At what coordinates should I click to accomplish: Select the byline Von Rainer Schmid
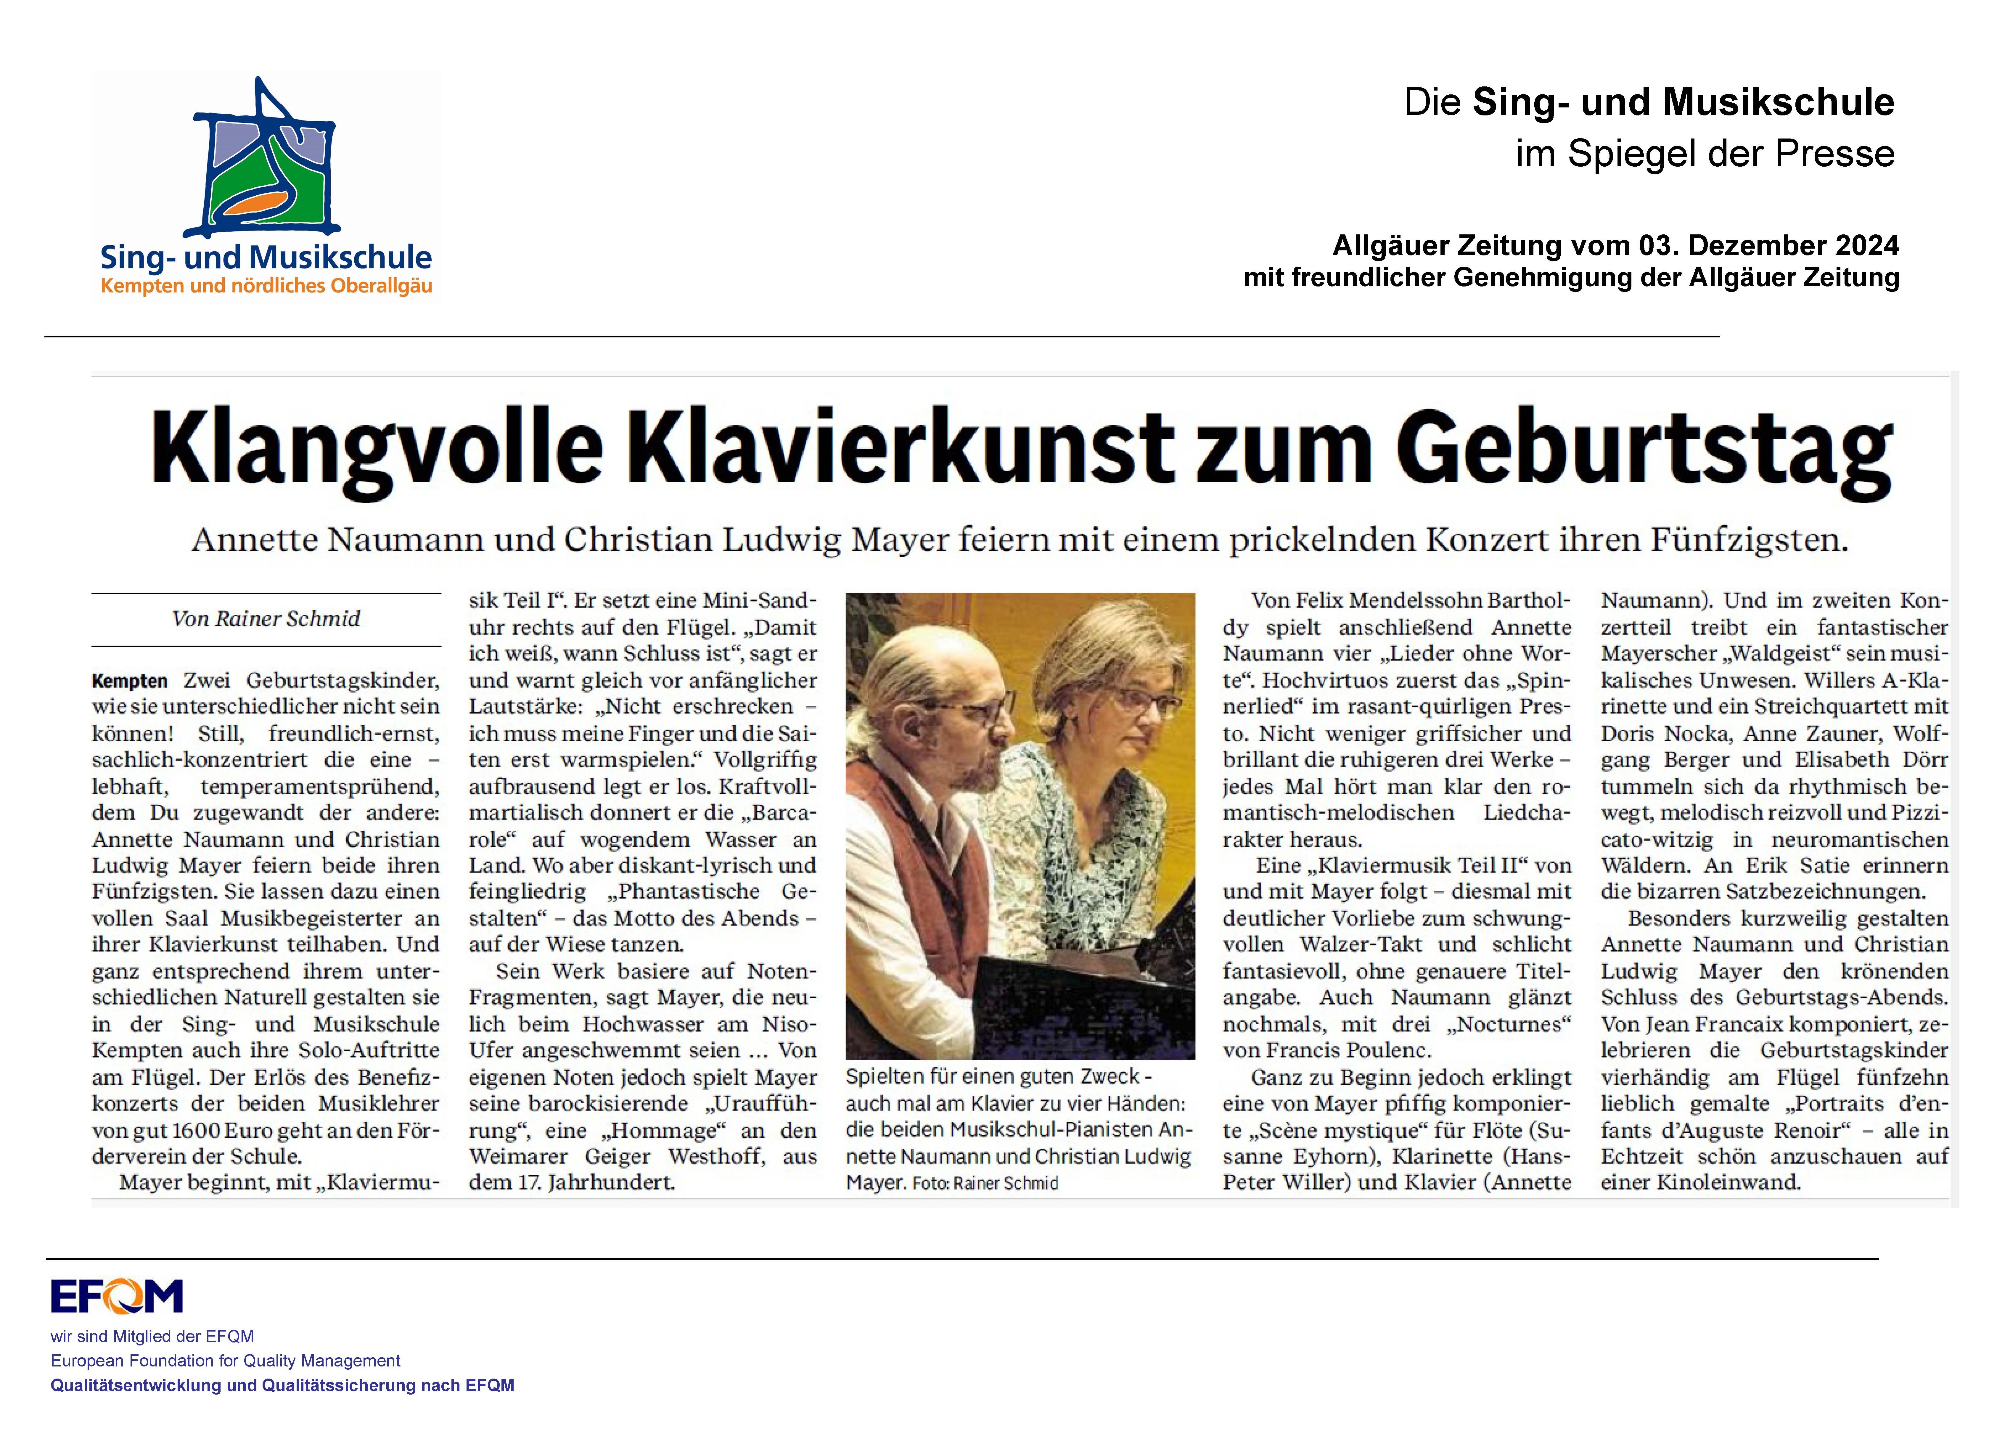tap(266, 619)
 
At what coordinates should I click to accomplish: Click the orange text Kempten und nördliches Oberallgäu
tap(266, 286)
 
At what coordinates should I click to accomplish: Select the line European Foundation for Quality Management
tap(225, 1360)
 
